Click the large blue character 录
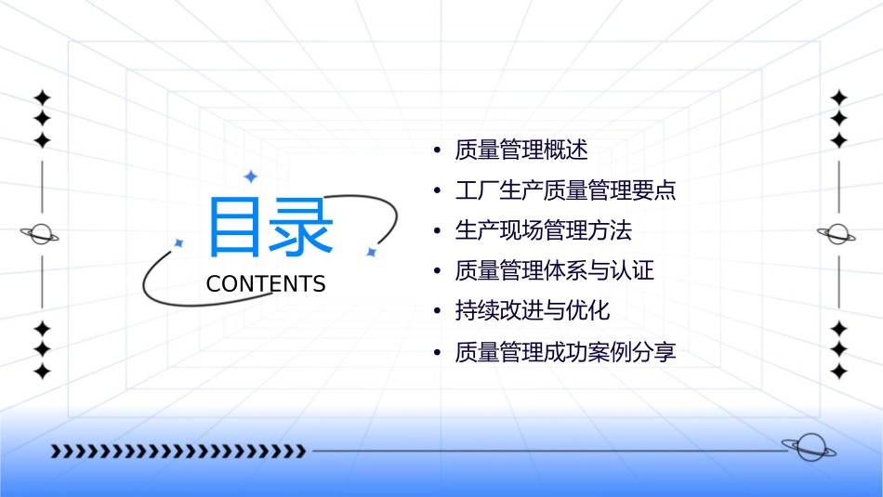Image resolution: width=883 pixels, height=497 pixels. tap(301, 226)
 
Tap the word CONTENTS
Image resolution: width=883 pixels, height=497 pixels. tap(266, 284)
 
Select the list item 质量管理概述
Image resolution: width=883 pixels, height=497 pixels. tap(521, 150)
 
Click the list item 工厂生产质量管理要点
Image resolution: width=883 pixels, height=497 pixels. tap(565, 191)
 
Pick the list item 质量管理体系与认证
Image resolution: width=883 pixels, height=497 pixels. tap(554, 271)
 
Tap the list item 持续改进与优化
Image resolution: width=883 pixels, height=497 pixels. tap(532, 311)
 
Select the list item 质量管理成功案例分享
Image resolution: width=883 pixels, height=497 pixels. tap(565, 353)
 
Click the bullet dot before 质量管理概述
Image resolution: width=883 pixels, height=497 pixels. tap(437, 151)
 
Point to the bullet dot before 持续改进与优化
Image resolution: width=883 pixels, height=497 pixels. tap(437, 312)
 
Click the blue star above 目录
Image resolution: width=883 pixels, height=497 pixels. tap(249, 176)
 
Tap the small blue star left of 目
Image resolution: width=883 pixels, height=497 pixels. tap(178, 242)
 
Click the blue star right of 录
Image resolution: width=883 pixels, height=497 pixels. tap(370, 252)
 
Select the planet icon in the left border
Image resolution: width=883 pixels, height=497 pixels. tap(41, 234)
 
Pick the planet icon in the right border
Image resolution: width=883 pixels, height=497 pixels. tap(838, 234)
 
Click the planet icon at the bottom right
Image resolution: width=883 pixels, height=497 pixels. tap(808, 448)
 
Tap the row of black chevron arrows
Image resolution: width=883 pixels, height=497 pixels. tap(178, 451)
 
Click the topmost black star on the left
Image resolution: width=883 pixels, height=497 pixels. tap(42, 98)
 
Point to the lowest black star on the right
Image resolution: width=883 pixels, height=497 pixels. tap(838, 372)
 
